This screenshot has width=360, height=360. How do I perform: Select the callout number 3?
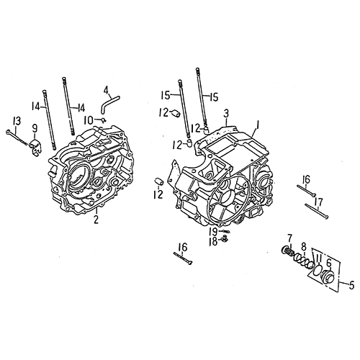click(226, 114)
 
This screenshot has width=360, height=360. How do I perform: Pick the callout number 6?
click(330, 264)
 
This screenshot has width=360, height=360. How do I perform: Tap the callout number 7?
click(289, 238)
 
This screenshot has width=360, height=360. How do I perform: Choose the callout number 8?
click(304, 246)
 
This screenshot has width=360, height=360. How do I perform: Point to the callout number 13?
click(16, 120)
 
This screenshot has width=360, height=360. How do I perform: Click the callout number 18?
click(213, 242)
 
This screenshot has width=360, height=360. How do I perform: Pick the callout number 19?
click(214, 232)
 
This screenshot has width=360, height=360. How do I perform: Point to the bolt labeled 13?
click(14, 135)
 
